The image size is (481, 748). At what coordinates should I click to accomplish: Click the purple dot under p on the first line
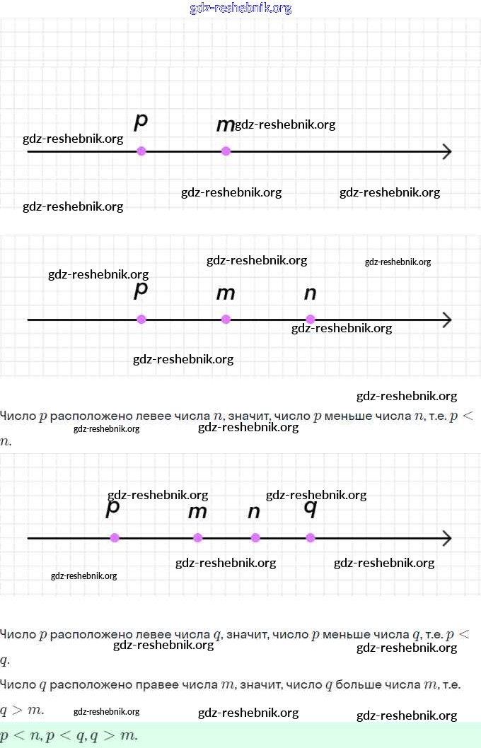141,151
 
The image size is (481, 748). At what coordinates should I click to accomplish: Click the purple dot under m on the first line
226,151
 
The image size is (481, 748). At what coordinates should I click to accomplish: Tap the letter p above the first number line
141,121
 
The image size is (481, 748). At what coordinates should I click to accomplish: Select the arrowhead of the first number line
447,151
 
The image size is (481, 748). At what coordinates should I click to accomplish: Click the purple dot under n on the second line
310,319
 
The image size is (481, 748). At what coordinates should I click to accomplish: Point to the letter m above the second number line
225,293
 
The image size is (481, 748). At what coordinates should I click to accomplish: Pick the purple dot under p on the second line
141,319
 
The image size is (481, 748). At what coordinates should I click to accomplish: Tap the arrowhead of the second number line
447,320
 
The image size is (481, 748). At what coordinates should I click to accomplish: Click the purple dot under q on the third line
310,538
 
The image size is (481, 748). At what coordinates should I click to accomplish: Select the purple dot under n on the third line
255,538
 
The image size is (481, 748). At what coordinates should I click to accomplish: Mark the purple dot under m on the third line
197,538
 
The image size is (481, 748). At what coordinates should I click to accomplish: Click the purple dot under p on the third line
115,538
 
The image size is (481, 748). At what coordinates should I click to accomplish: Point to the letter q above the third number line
310,508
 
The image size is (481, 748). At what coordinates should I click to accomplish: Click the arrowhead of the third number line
447,539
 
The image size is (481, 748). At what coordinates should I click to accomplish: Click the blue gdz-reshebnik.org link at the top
240,8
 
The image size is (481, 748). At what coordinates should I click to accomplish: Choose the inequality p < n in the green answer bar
20,735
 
